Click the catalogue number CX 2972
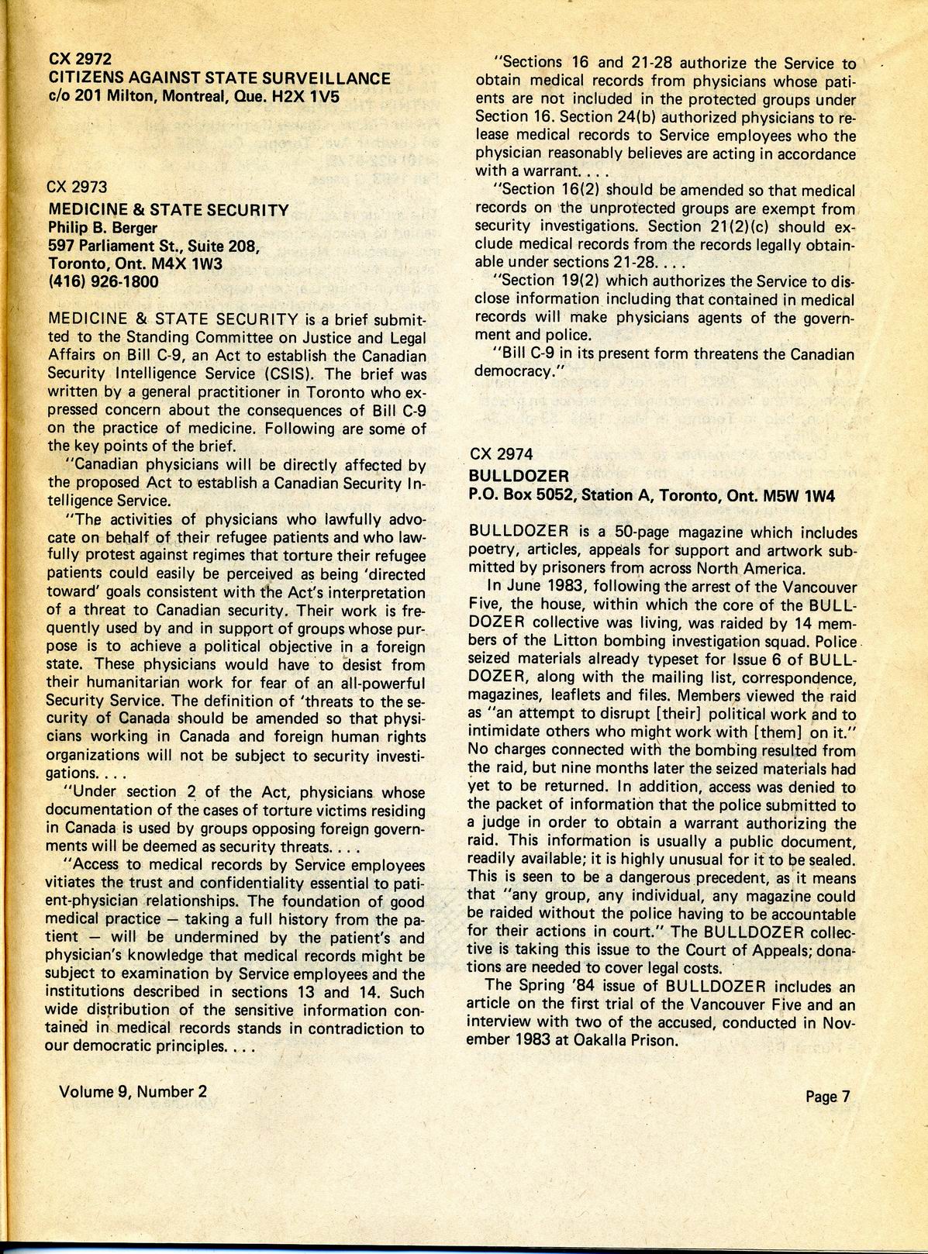[x=81, y=59]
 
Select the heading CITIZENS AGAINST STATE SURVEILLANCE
[x=219, y=78]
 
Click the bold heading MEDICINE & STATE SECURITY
[x=168, y=209]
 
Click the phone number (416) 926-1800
[x=103, y=281]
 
